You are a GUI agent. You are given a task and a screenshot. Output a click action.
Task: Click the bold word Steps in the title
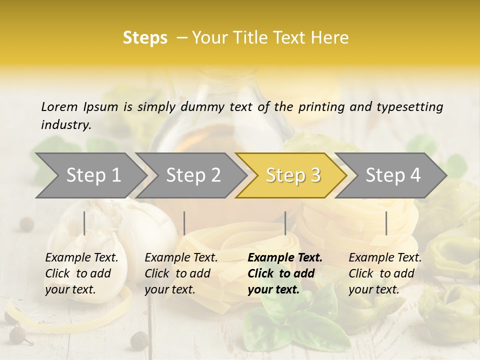[145, 38]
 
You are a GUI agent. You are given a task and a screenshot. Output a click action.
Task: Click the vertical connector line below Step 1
[84, 223]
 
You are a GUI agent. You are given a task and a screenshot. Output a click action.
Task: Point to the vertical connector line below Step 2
[184, 223]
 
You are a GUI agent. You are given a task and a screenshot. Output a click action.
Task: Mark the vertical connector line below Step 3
[285, 223]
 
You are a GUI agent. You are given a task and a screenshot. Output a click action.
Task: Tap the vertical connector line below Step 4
[386, 223]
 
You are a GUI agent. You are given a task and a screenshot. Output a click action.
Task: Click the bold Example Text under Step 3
[285, 258]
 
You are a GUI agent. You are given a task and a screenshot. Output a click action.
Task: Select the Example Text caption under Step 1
[81, 258]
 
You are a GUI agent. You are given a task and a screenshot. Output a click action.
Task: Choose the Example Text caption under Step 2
[181, 258]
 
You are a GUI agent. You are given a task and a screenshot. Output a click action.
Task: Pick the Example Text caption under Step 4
[385, 258]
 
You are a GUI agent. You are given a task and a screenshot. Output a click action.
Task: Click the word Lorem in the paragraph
[59, 106]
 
